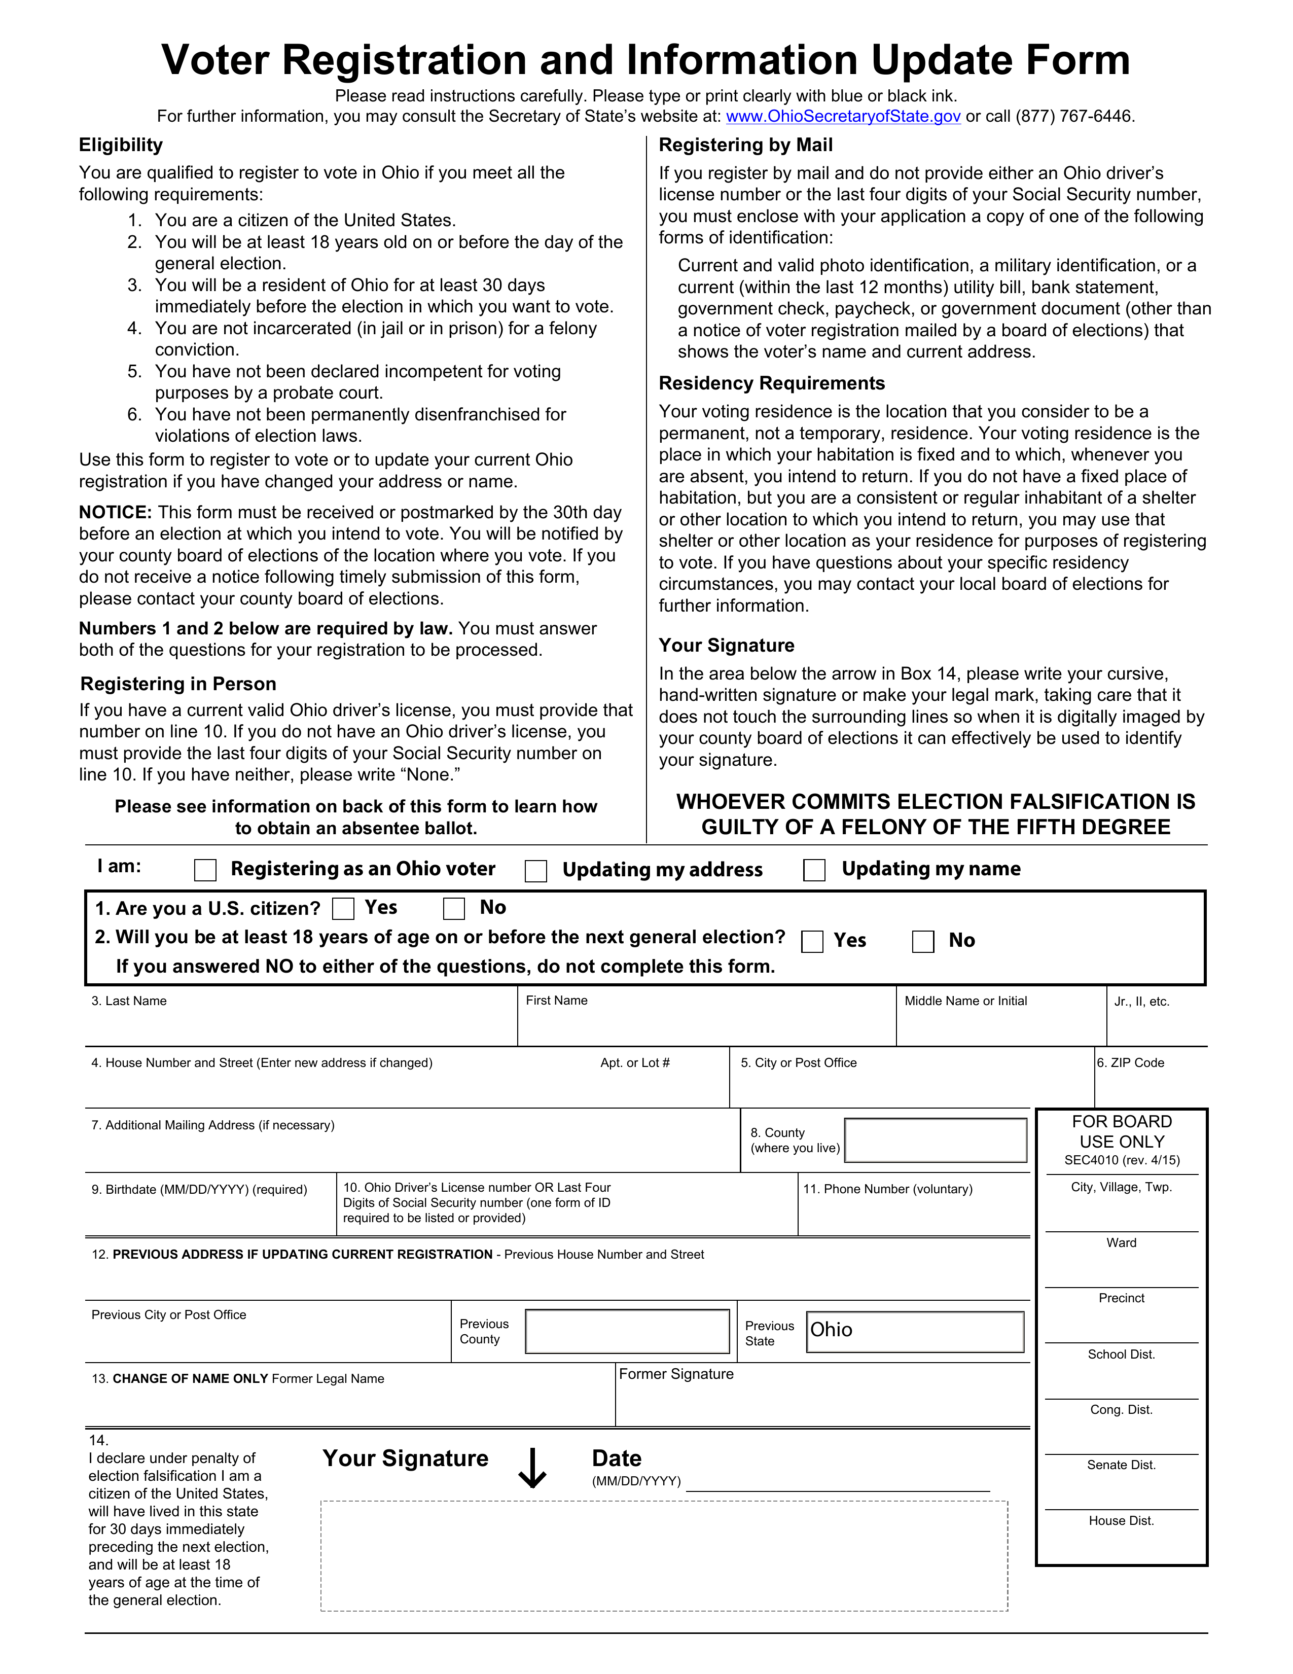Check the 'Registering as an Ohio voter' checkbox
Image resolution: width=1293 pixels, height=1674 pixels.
[205, 870]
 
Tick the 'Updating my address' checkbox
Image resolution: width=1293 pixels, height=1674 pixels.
[536, 871]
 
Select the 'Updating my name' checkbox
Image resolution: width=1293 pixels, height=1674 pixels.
[814, 870]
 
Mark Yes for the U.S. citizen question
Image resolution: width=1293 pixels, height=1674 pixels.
[343, 909]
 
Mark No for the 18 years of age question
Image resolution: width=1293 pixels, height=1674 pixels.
[923, 941]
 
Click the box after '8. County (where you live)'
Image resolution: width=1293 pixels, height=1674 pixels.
[935, 1140]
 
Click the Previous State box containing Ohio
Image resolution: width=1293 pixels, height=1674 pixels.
[915, 1331]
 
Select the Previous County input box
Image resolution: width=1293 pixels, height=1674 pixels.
[627, 1331]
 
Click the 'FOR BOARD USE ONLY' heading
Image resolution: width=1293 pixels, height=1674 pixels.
[1121, 1131]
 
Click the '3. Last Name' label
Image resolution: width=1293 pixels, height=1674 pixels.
[129, 1001]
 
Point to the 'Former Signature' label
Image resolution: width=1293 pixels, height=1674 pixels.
[676, 1374]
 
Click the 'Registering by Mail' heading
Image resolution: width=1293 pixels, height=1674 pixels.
[745, 145]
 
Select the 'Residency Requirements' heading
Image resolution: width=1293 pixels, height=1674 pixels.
[771, 383]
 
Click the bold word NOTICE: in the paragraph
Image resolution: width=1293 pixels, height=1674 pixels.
[116, 512]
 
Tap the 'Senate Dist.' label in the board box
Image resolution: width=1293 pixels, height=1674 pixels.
[1121, 1465]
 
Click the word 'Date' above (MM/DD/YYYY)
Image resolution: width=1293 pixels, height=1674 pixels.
[616, 1458]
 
